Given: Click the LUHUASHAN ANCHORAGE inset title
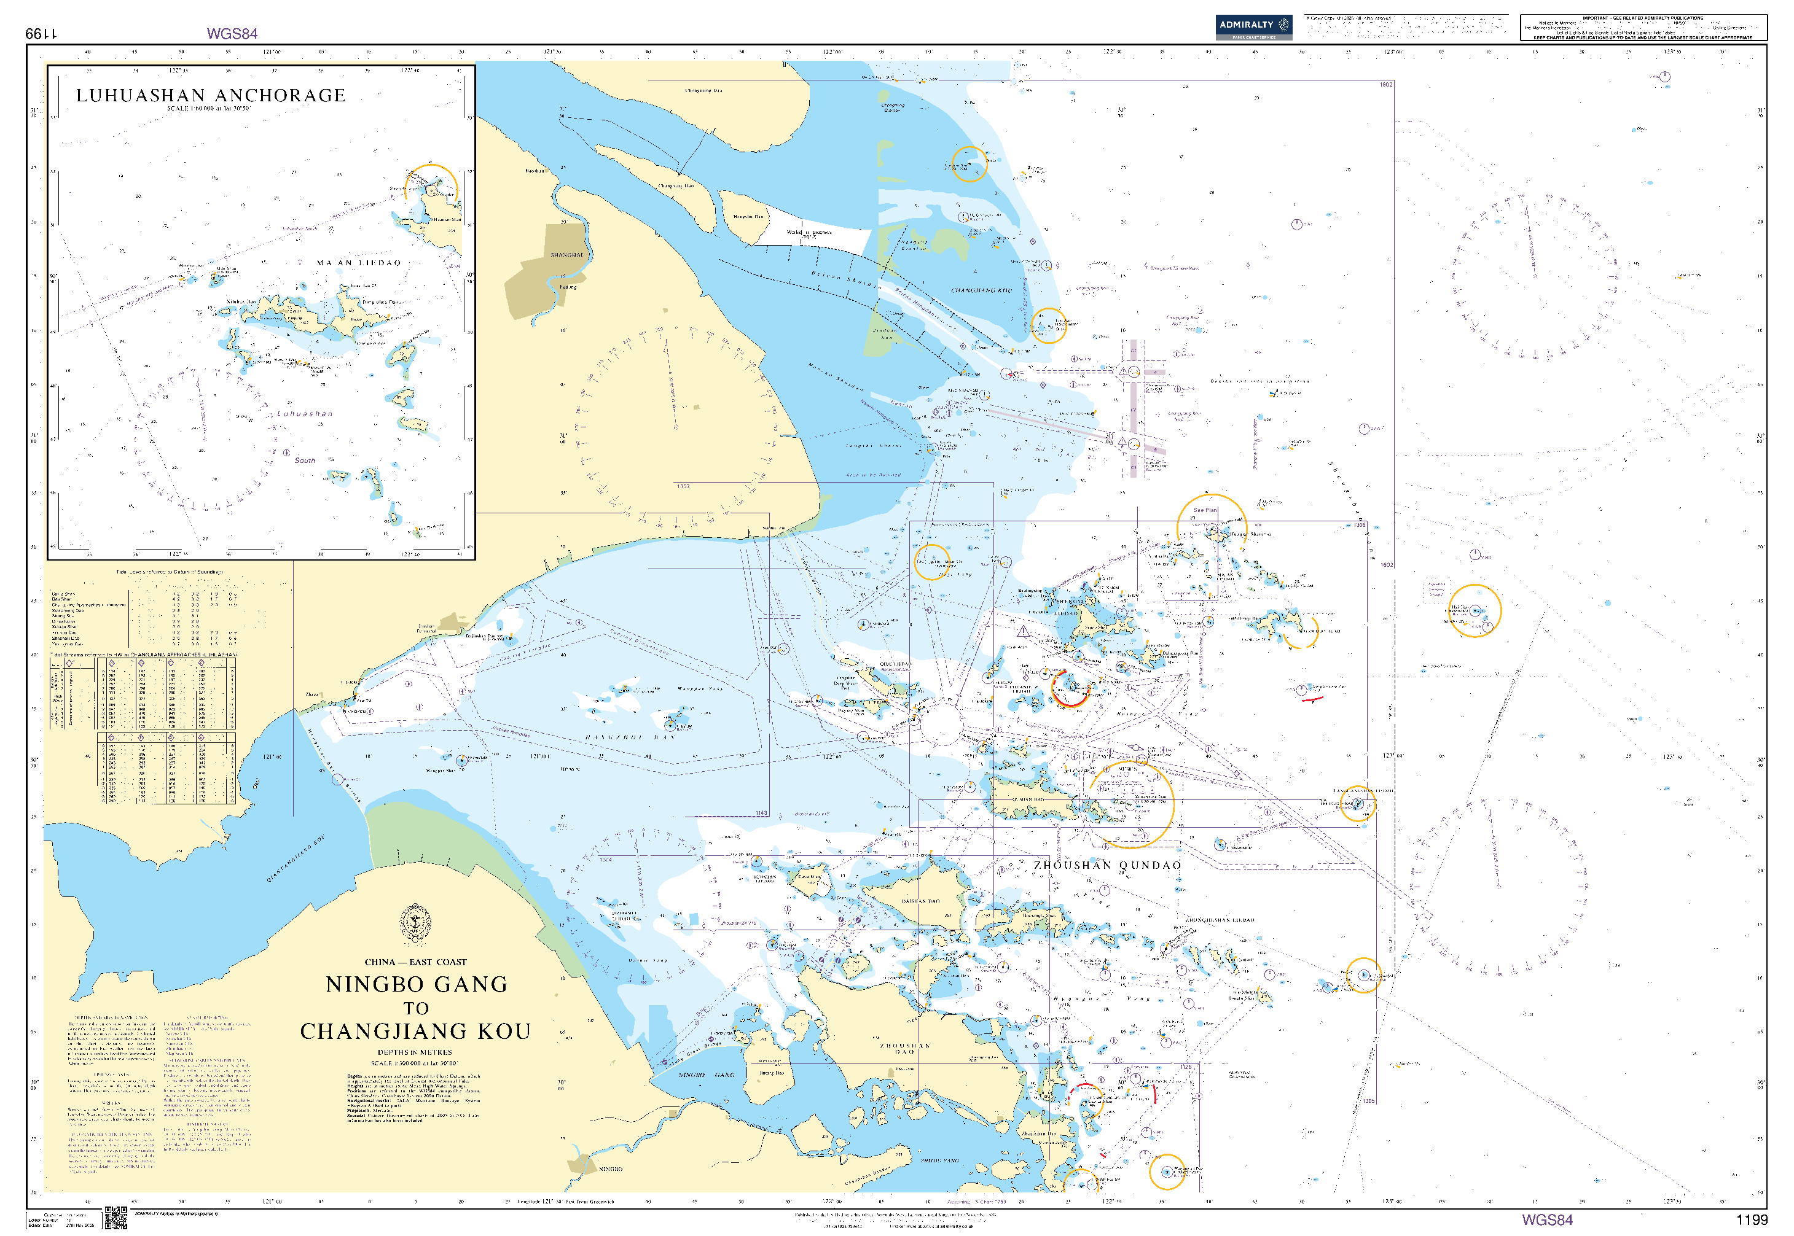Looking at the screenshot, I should [210, 95].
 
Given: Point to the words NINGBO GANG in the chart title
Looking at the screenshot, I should [416, 984].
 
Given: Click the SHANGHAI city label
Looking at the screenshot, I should [566, 255].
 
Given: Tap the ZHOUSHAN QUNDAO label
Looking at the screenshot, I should [1107, 865].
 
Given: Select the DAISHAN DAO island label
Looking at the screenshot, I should [920, 901].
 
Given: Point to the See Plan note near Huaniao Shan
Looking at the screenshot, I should [1204, 510].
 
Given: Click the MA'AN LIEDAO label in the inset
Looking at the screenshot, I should [359, 263].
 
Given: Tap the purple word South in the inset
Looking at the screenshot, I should [305, 461].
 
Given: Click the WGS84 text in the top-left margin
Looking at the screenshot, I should [232, 33].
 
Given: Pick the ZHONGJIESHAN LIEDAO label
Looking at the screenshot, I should [1219, 920].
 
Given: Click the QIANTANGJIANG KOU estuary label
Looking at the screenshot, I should [296, 858].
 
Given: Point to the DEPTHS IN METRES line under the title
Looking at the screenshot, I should [415, 1052].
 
